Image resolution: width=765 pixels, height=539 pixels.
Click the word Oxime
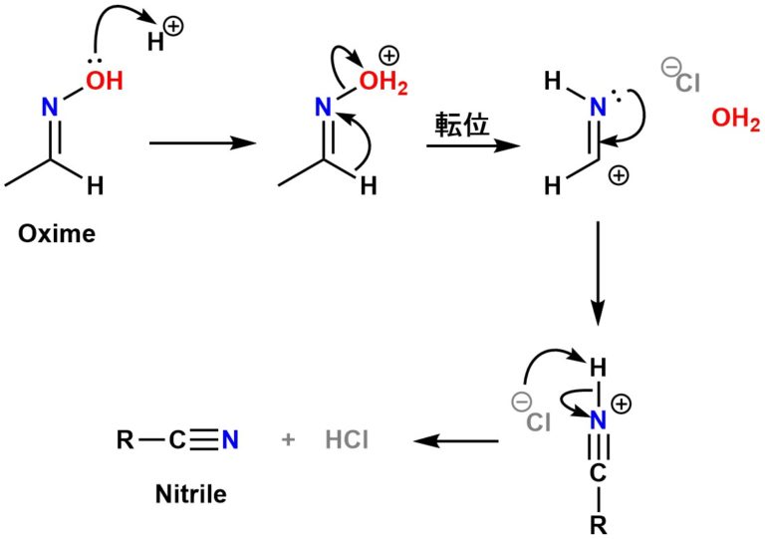click(58, 235)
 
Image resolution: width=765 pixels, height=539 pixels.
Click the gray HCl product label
click(347, 439)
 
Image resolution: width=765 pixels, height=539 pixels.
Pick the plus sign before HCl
click(289, 439)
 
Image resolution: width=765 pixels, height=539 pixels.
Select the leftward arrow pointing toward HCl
click(456, 439)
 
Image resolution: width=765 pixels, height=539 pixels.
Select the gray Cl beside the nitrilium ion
click(539, 423)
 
